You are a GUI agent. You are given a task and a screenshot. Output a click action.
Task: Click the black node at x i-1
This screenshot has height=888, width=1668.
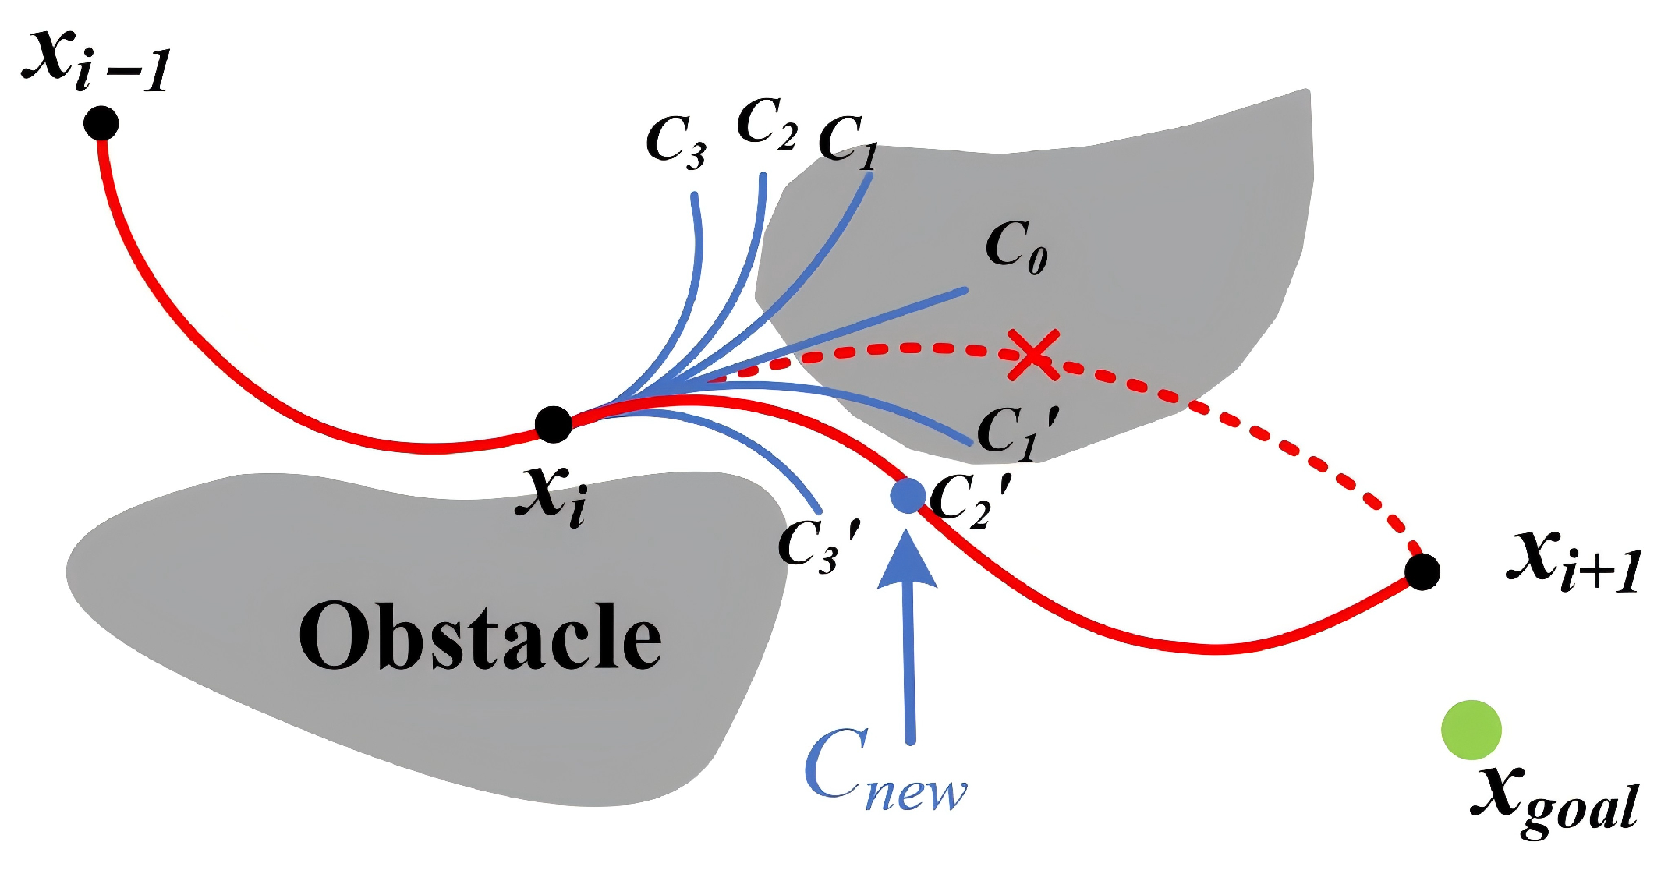pyautogui.click(x=101, y=123)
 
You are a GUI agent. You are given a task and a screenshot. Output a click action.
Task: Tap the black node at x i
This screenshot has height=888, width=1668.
pyautogui.click(x=554, y=424)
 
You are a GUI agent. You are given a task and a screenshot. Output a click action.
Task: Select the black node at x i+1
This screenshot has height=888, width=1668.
pyautogui.click(x=1422, y=572)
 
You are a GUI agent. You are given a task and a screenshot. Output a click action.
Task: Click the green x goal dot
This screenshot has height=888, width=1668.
pyautogui.click(x=1471, y=730)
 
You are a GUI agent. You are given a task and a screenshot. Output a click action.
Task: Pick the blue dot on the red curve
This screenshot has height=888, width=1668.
pyautogui.click(x=908, y=496)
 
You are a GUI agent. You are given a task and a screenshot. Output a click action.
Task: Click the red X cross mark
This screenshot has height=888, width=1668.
pyautogui.click(x=1032, y=355)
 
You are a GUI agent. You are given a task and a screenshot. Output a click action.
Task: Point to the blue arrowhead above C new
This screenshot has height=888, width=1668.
pyautogui.click(x=907, y=561)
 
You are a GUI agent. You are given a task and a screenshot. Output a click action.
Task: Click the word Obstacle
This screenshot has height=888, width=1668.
pyautogui.click(x=480, y=637)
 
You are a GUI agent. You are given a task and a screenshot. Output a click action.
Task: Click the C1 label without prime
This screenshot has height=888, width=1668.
pyautogui.click(x=848, y=143)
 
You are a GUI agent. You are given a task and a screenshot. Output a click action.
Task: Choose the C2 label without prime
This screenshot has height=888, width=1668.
pyautogui.click(x=767, y=125)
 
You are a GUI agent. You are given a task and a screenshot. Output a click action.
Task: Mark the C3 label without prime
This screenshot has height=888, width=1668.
pyautogui.click(x=676, y=143)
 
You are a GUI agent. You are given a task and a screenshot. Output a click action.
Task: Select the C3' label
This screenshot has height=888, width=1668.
pyautogui.click(x=819, y=546)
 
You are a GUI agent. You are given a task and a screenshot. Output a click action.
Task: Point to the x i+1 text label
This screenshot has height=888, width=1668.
pyautogui.click(x=1574, y=561)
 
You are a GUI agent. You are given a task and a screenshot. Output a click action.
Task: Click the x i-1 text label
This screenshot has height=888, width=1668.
pyautogui.click(x=95, y=62)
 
